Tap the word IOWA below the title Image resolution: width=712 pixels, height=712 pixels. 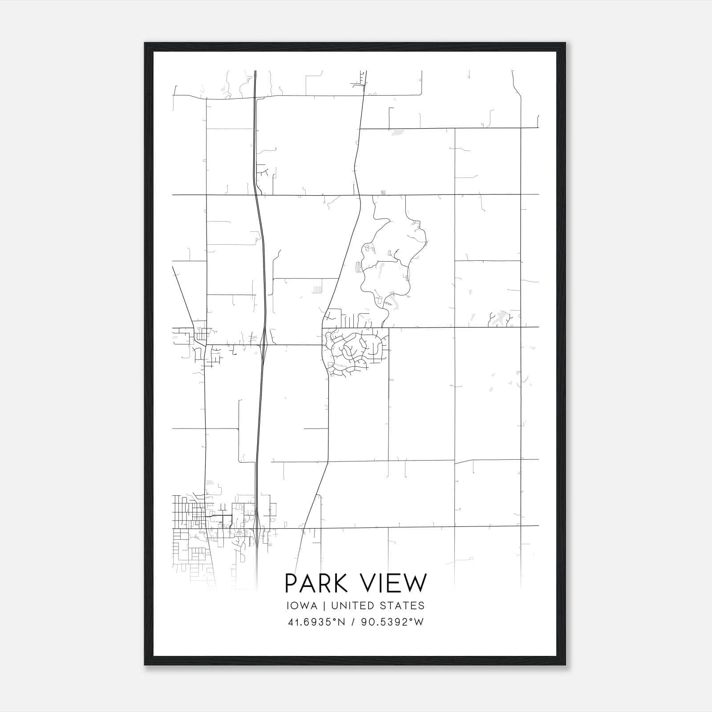tap(302, 606)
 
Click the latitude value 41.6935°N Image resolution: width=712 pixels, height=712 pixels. tap(316, 622)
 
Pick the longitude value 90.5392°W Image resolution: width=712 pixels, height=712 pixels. tap(392, 622)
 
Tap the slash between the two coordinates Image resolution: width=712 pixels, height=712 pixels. tap(353, 622)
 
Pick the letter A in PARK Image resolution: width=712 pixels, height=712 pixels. tap(307, 583)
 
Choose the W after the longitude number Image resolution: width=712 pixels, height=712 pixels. tap(419, 622)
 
